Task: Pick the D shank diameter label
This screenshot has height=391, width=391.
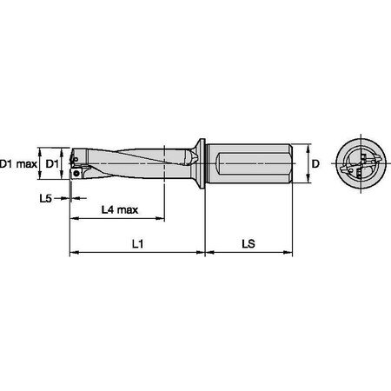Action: point(317,163)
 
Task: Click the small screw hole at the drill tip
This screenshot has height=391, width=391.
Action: point(78,173)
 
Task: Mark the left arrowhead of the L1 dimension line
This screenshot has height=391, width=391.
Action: point(73,254)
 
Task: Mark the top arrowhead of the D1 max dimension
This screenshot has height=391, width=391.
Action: point(41,146)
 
